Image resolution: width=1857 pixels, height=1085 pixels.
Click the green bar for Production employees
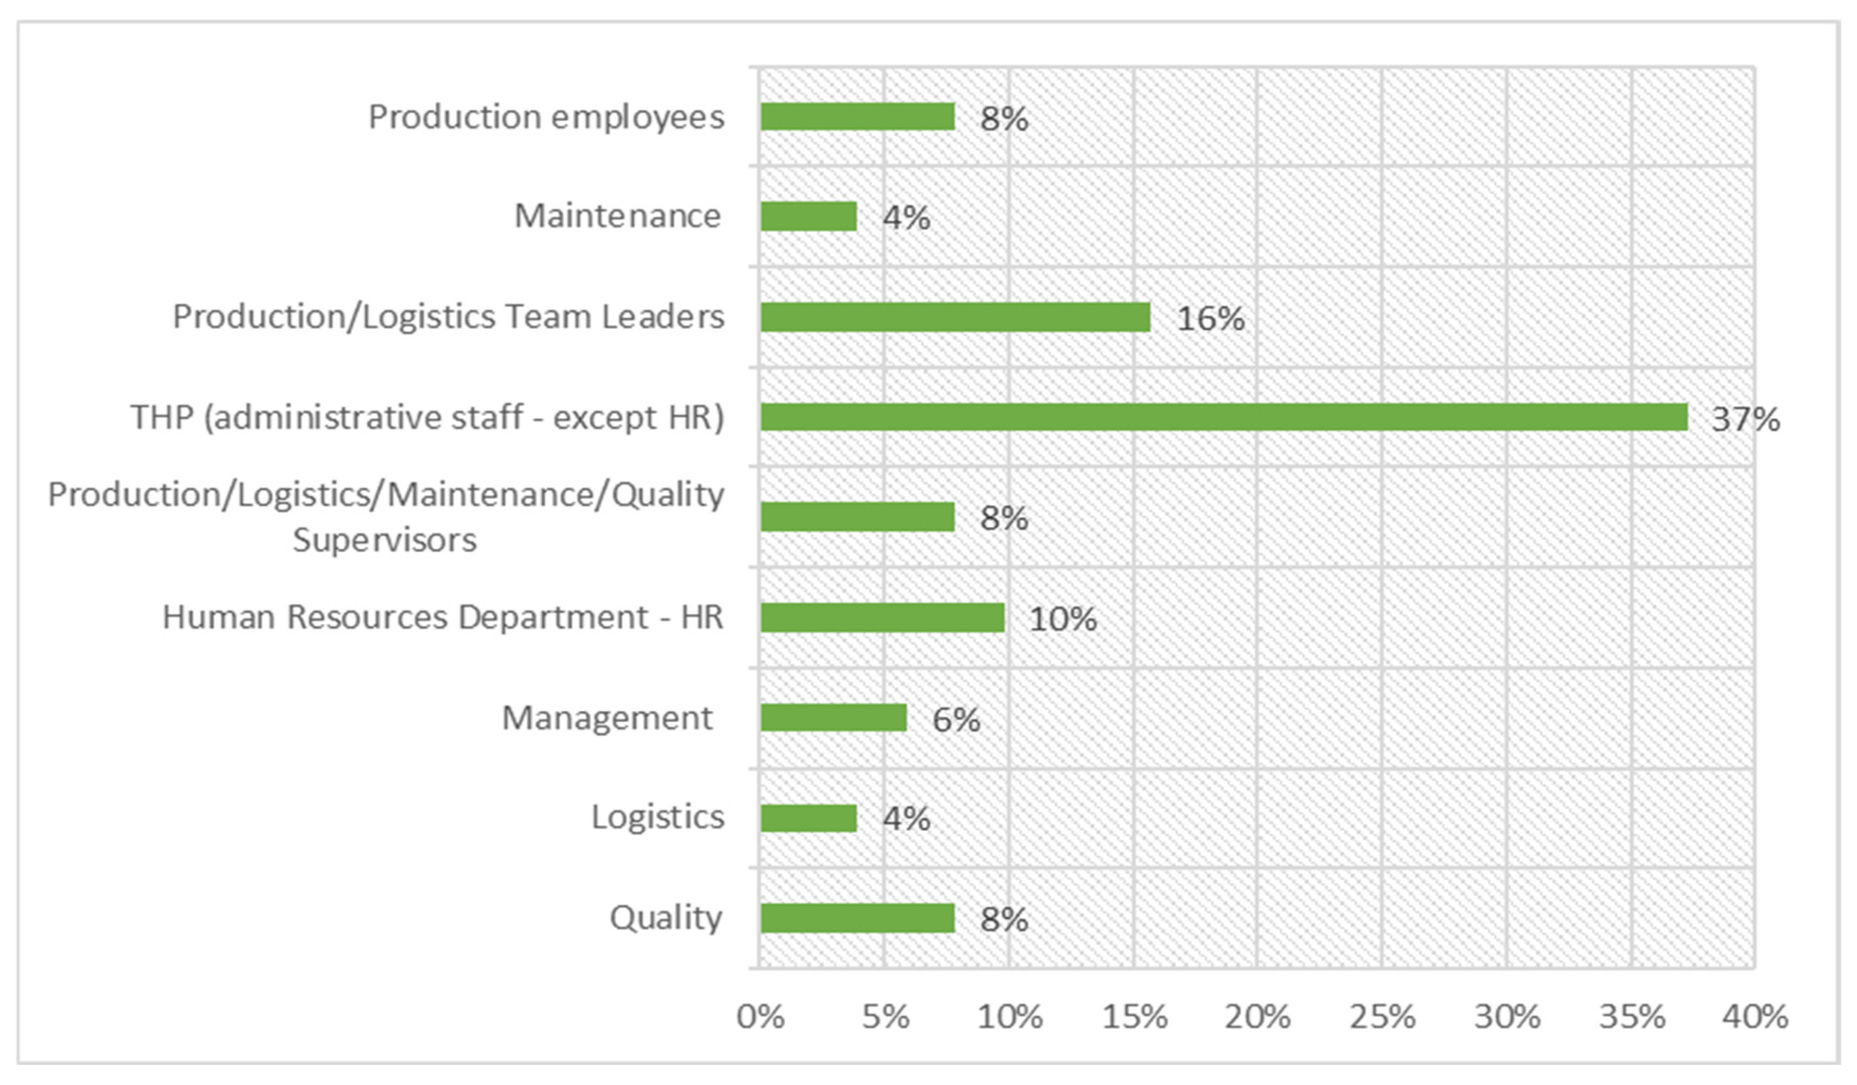[x=858, y=117]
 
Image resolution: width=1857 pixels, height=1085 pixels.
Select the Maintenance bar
[x=808, y=217]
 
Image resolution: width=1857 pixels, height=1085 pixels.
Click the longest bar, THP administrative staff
[x=1224, y=417]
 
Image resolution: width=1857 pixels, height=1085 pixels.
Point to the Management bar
[x=833, y=718]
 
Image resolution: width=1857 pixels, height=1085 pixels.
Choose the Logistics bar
[x=808, y=818]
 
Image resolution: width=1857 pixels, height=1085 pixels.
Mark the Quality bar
[x=858, y=918]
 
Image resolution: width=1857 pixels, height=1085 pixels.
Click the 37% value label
[x=1745, y=419]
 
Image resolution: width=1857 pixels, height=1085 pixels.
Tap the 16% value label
[x=1211, y=319]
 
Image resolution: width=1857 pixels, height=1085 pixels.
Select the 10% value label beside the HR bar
[x=1063, y=619]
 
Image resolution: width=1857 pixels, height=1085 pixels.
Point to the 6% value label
[x=956, y=719]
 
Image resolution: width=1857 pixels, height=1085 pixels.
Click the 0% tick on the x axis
[x=761, y=1017]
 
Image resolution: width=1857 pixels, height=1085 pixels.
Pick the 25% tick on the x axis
[x=1382, y=1017]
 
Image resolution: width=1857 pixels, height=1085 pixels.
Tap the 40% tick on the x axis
[x=1755, y=1017]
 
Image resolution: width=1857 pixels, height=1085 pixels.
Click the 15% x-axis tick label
[x=1135, y=1017]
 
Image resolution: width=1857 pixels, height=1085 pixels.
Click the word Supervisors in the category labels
[x=385, y=540]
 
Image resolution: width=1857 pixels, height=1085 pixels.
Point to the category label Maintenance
[x=617, y=216]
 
